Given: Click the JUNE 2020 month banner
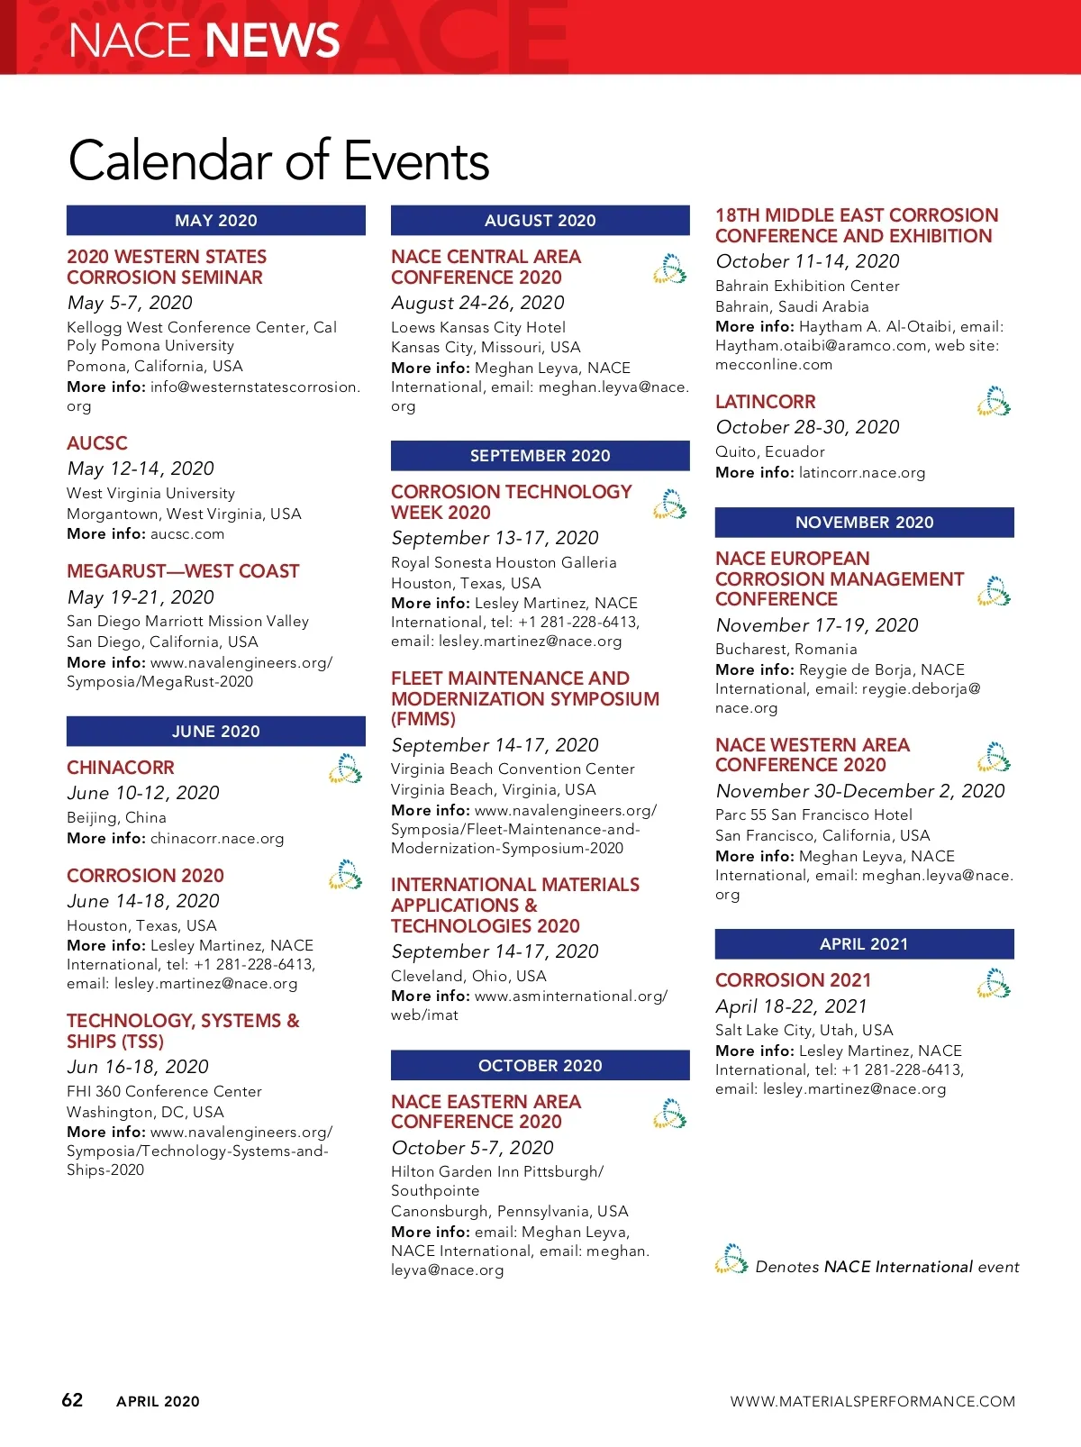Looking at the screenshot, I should [215, 732].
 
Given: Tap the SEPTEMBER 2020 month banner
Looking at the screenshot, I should [540, 456].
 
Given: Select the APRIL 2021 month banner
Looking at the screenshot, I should [864, 944].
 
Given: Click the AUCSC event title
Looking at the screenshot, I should [97, 443].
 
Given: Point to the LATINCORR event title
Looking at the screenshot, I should [766, 402].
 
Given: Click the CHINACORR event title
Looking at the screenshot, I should [121, 768].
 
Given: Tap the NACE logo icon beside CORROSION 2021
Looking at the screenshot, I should [994, 984].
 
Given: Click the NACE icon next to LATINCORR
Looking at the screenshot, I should [994, 402].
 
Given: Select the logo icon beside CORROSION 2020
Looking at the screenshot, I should [345, 875].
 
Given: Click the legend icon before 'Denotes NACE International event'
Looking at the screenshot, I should [731, 1260].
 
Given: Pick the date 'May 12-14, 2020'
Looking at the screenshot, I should [141, 469].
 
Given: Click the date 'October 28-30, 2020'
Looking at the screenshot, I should [807, 427].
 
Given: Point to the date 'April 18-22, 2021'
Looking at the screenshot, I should [791, 1006].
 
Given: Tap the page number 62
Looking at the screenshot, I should [72, 1400].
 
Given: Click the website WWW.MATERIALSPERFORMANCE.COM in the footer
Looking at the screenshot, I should [872, 1402].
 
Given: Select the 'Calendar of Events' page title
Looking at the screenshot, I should [278, 161].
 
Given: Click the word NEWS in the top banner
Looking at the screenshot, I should [272, 41].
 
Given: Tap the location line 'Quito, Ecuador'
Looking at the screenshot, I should [770, 451].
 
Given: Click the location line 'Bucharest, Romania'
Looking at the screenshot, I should [786, 649].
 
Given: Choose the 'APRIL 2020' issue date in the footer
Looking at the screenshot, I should [158, 1402].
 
